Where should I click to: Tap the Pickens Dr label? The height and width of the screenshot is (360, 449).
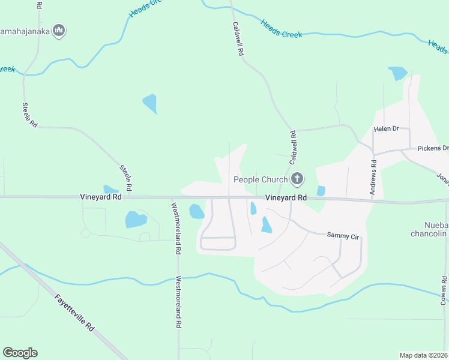pos(433,148)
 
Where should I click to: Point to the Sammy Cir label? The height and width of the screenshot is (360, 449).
pos(342,236)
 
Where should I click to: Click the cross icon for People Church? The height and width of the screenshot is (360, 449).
pos(297,179)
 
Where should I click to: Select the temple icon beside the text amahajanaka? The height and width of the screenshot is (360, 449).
pos(59,30)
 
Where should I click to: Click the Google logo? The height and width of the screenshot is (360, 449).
pos(20,353)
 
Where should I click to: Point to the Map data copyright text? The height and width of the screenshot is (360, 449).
pos(424,355)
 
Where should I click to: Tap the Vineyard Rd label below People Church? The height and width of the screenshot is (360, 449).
pos(286,197)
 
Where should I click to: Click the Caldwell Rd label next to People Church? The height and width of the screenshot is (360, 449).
pos(293,148)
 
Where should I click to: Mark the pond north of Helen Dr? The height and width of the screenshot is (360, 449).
pos(397,74)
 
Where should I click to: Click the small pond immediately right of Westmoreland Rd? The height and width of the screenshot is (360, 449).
pos(196,211)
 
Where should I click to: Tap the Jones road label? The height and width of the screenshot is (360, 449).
pos(442,178)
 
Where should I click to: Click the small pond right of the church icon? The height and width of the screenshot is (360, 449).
pos(321,191)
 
